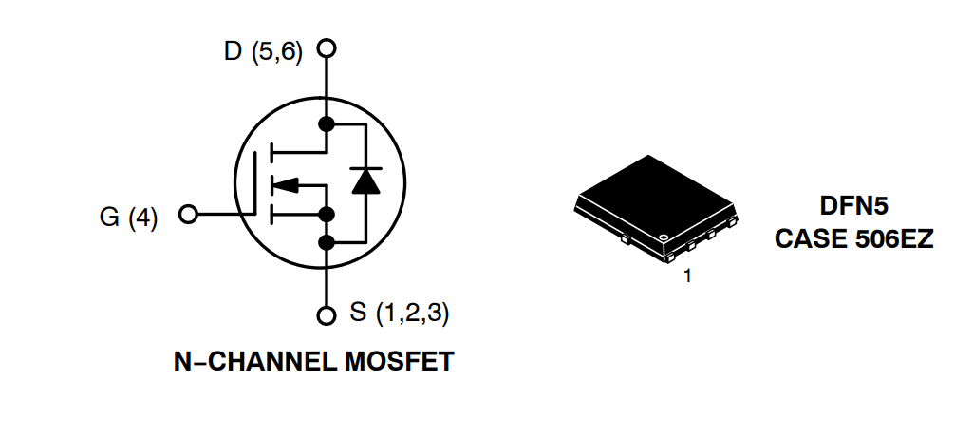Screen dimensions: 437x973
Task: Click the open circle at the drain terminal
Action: [x=327, y=47]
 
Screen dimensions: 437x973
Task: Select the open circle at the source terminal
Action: [x=327, y=314]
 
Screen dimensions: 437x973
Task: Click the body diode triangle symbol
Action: [x=365, y=180]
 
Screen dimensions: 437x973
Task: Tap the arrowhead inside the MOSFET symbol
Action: [x=288, y=183]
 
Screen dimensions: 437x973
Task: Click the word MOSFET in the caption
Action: [x=398, y=362]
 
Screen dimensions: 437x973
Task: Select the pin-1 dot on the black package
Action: [x=664, y=237]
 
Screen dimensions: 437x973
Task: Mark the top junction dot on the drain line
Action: [x=327, y=124]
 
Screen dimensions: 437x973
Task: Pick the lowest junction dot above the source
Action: [x=327, y=242]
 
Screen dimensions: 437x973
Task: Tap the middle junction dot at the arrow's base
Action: [x=327, y=214]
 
